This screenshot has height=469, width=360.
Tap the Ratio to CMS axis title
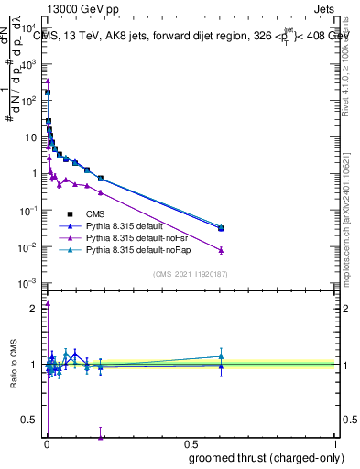(x=13, y=363)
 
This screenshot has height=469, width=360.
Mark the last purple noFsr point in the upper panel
(x=221, y=250)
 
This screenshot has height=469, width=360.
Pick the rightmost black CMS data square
(x=221, y=228)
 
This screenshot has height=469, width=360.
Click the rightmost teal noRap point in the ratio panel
(x=221, y=356)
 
